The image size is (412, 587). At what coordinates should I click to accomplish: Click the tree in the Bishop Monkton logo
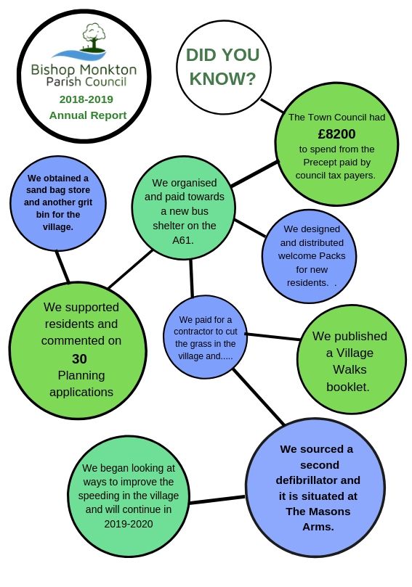coord(94,37)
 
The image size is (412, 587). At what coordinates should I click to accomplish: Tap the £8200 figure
coord(336,134)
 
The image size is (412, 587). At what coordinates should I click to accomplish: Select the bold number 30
coord(79,358)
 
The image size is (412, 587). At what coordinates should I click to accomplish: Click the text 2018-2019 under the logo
coord(86,99)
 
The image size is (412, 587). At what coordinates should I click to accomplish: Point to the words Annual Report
coord(88,115)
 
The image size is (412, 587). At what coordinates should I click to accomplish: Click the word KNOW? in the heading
coord(222,79)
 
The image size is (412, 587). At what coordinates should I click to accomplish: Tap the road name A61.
coord(183,240)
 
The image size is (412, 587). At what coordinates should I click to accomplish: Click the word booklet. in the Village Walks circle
coord(348,387)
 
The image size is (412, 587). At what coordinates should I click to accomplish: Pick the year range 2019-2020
coord(128,523)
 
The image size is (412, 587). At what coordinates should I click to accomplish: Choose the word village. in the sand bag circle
coord(57,227)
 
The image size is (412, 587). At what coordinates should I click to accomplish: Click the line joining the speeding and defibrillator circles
coord(217,500)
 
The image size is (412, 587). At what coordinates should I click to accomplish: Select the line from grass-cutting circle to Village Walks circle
coord(273,337)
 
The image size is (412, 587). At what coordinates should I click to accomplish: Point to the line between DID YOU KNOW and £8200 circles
coord(272,105)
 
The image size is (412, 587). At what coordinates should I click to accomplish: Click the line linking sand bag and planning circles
coord(62,266)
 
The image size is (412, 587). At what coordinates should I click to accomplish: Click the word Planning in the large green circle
coord(81,375)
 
